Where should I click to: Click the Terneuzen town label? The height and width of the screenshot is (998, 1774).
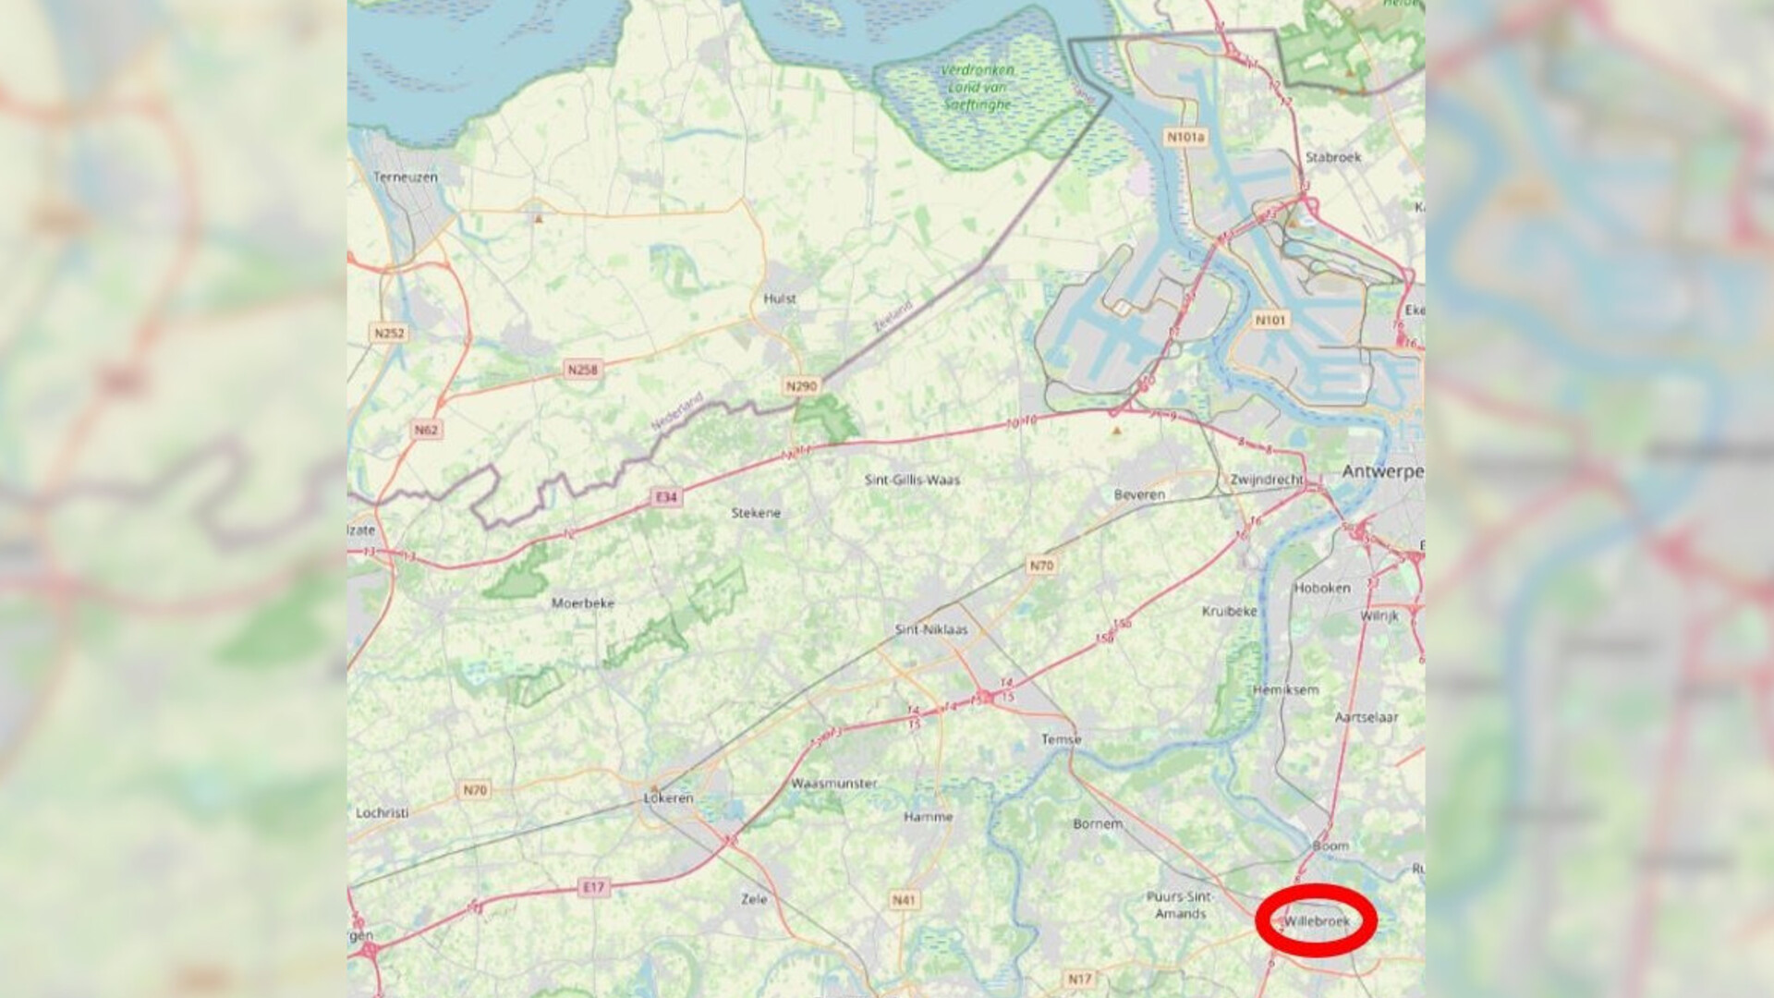(x=405, y=176)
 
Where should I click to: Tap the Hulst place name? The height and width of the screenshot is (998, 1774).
(x=780, y=298)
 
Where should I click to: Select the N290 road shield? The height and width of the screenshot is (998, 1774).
(x=801, y=385)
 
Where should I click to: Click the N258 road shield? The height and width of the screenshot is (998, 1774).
(x=582, y=370)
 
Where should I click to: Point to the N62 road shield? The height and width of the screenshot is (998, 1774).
(x=426, y=430)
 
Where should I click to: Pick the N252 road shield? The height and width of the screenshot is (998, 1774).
(x=389, y=333)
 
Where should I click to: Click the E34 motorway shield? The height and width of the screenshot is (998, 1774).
(x=666, y=497)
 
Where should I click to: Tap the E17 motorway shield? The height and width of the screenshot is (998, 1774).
(x=593, y=887)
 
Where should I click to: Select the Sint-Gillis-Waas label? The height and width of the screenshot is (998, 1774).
(x=912, y=480)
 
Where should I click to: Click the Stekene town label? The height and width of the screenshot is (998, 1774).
(x=756, y=513)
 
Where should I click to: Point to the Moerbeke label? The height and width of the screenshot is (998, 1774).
(x=582, y=603)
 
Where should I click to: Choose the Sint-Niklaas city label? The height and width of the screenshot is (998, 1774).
(x=931, y=629)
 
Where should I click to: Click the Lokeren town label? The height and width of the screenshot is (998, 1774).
(x=668, y=797)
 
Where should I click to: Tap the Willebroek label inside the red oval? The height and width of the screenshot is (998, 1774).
(x=1317, y=921)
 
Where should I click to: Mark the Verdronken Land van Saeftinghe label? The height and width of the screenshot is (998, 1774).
(x=978, y=87)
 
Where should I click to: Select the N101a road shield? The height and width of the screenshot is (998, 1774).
(x=1185, y=138)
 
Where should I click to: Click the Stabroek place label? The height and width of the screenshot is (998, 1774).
(x=1333, y=157)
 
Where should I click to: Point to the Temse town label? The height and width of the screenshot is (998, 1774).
(x=1061, y=739)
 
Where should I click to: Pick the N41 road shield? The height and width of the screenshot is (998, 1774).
(x=904, y=899)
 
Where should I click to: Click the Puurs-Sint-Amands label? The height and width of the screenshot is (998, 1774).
(x=1180, y=905)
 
